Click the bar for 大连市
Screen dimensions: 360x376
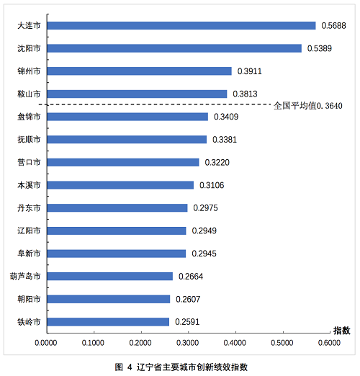click(181, 26)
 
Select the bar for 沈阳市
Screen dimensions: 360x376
click(174, 48)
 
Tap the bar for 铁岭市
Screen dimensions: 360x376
click(108, 322)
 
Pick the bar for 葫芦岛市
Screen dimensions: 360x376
click(110, 277)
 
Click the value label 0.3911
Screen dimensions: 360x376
click(250, 71)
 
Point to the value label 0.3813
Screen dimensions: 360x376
click(245, 94)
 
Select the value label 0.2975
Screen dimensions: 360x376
click(205, 208)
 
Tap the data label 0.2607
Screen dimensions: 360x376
click(188, 299)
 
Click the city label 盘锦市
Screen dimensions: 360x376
click(29, 117)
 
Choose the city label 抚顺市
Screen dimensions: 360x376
click(29, 140)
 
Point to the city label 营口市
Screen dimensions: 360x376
click(29, 162)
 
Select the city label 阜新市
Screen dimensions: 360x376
click(29, 254)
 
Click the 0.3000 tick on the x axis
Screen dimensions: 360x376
click(188, 343)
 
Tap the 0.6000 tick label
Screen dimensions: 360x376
click(329, 343)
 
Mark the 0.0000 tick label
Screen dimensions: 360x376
click(46, 343)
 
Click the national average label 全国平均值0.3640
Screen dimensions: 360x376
click(308, 106)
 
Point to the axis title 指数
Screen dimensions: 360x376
click(342, 331)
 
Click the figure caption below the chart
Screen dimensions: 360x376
click(181, 367)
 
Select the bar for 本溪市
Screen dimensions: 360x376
click(120, 185)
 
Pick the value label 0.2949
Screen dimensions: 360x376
click(204, 230)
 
